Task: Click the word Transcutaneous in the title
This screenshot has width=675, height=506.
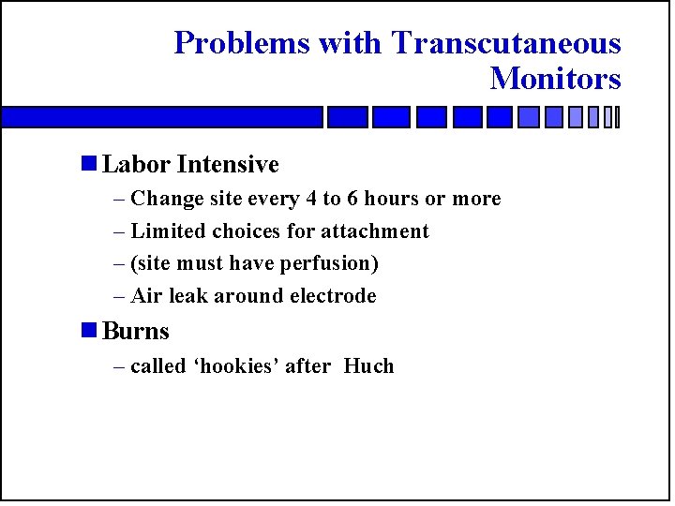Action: [x=506, y=43]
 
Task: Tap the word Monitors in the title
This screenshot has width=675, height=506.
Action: [x=555, y=79]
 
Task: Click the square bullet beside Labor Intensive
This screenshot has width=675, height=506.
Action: [x=89, y=164]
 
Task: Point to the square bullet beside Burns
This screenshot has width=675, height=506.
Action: [x=89, y=331]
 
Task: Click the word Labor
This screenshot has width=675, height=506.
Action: [x=137, y=165]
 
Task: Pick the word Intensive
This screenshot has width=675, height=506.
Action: [x=228, y=165]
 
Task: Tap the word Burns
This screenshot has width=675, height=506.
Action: [x=136, y=332]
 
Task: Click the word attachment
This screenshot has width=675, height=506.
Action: [x=375, y=231]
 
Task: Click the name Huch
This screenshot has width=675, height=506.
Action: [x=368, y=366]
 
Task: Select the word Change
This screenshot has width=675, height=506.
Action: [x=164, y=199]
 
